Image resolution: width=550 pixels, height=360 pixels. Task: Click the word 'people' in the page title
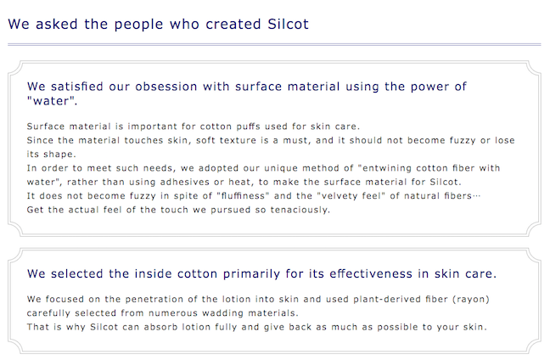tap(138, 25)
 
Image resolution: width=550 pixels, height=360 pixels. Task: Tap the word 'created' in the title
tap(233, 25)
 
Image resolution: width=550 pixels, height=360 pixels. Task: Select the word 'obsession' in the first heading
tap(166, 87)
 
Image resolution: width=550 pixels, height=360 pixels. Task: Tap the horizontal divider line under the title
tap(274, 44)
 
